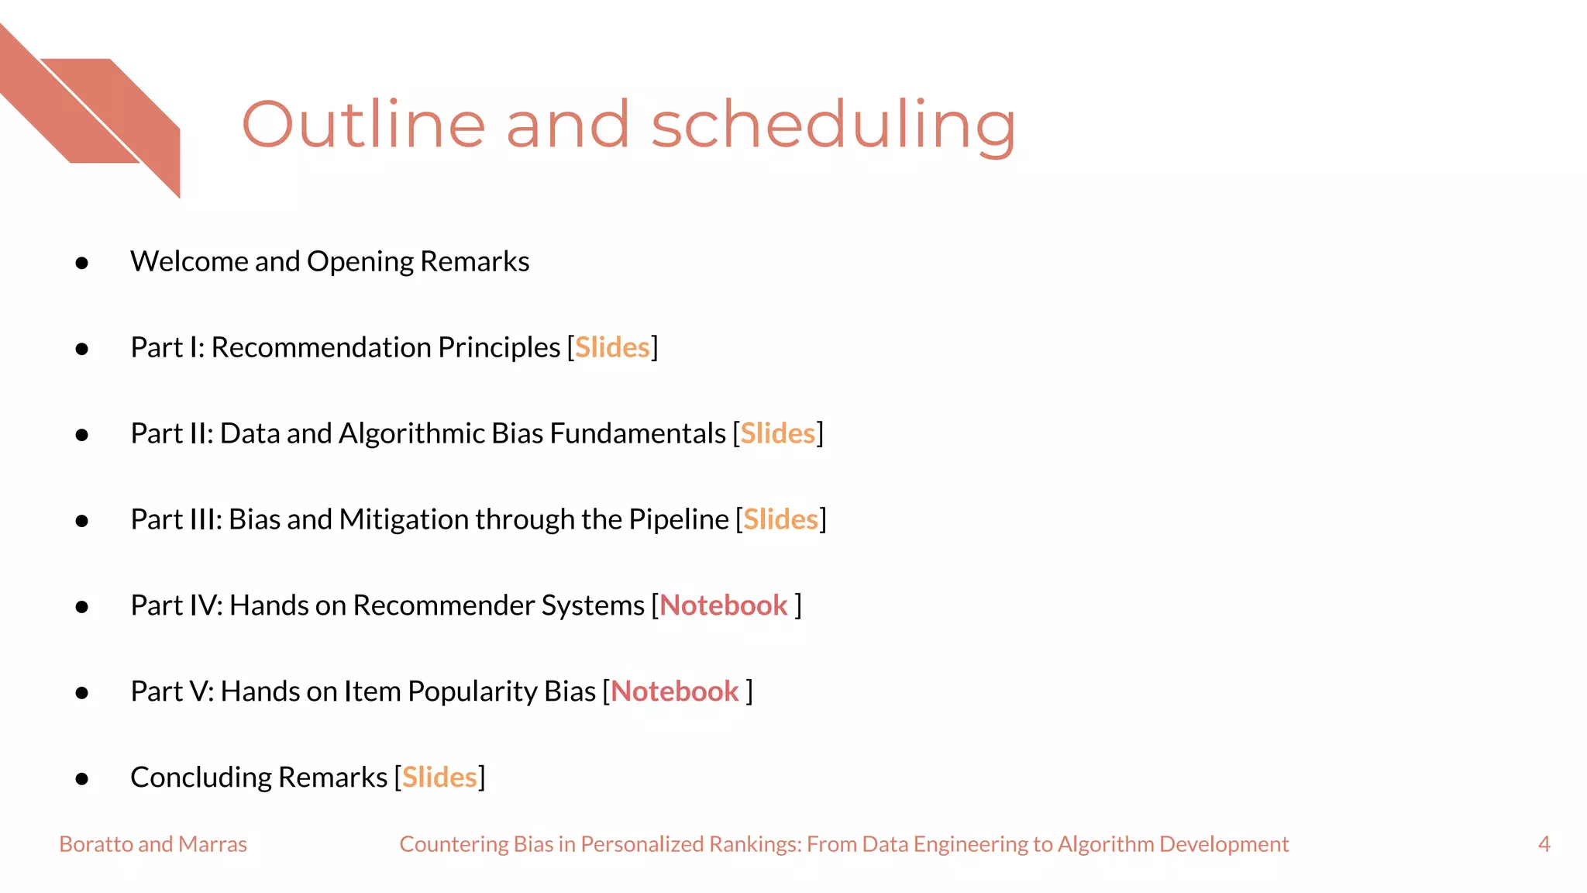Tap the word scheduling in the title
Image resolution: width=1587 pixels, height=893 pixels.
(833, 126)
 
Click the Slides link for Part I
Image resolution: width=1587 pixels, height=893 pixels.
(612, 347)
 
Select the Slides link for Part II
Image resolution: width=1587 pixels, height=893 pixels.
(777, 433)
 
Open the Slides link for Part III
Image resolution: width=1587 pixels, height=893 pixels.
(780, 519)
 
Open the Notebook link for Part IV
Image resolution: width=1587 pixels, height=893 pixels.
(723, 605)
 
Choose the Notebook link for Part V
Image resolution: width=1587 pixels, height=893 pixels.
(674, 691)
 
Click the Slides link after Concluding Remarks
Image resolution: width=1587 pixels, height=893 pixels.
(439, 777)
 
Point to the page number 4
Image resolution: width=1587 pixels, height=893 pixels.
(1544, 844)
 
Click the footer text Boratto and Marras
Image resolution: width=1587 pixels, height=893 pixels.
(153, 844)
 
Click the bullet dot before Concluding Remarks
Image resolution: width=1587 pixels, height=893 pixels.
(82, 779)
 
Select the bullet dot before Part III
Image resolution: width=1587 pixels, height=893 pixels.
(82, 521)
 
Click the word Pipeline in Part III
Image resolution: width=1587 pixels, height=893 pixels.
(678, 519)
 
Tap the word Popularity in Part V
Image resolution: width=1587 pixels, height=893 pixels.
(472, 691)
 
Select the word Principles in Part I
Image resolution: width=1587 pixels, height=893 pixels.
(498, 347)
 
